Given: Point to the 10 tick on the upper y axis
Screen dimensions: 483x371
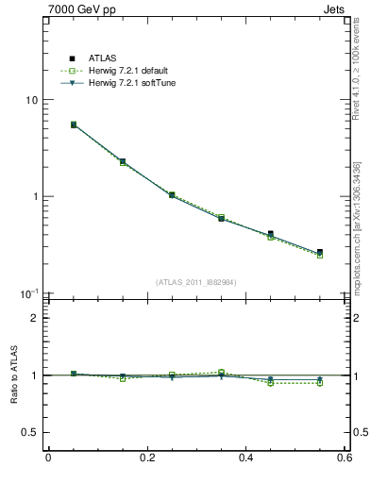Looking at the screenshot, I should tap(33, 100).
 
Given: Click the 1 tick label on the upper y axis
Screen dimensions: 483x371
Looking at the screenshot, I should tap(36, 196).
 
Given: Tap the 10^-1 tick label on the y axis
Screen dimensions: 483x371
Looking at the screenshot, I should tap(31, 293).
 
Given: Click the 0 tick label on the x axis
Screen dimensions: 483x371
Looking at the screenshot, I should tap(48, 459).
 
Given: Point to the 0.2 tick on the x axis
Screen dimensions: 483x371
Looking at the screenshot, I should tap(146, 459).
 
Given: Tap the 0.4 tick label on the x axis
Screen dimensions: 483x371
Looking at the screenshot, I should tap(245, 459).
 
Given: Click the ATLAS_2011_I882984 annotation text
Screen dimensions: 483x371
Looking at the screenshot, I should tap(195, 282).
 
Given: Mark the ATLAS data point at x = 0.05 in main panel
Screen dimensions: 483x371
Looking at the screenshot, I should tap(48, 125).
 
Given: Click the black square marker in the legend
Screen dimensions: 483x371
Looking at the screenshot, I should tap(72, 59).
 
